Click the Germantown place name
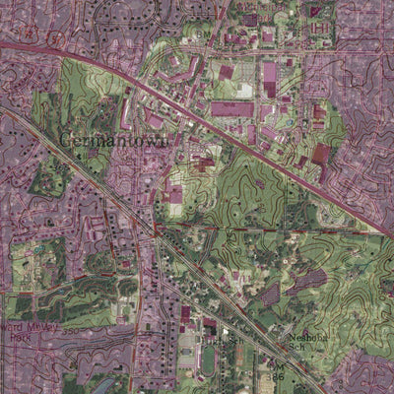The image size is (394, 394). click(x=115, y=140)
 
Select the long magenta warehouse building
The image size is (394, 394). click(x=232, y=108)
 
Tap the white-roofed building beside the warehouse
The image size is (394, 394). click(x=244, y=91)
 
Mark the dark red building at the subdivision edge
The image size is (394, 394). click(x=321, y=154)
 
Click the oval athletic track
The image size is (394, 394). click(x=208, y=357)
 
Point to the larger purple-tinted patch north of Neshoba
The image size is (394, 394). click(x=309, y=281)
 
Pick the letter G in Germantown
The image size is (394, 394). click(x=66, y=140)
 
